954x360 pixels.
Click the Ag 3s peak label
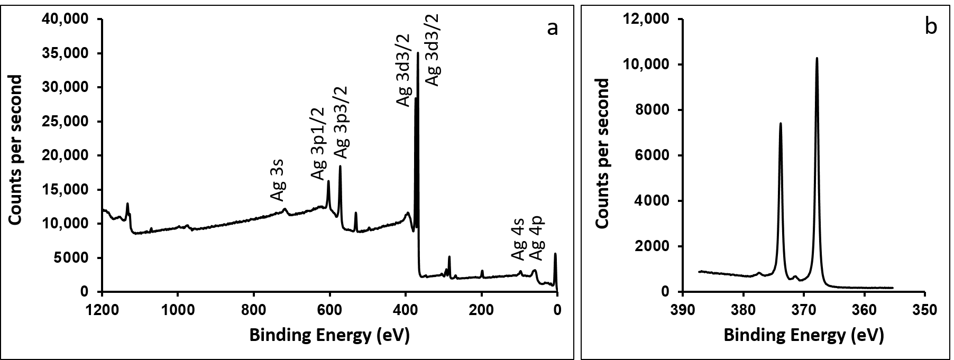point(278,183)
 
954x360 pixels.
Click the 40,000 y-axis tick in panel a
point(67,20)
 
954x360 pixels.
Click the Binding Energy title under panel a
point(329,335)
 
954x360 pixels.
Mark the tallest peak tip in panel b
point(817,59)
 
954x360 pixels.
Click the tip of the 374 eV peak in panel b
point(781,124)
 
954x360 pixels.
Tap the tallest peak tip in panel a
point(418,53)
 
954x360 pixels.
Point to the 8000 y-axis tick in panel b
point(654,110)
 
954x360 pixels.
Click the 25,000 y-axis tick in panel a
point(67,122)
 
